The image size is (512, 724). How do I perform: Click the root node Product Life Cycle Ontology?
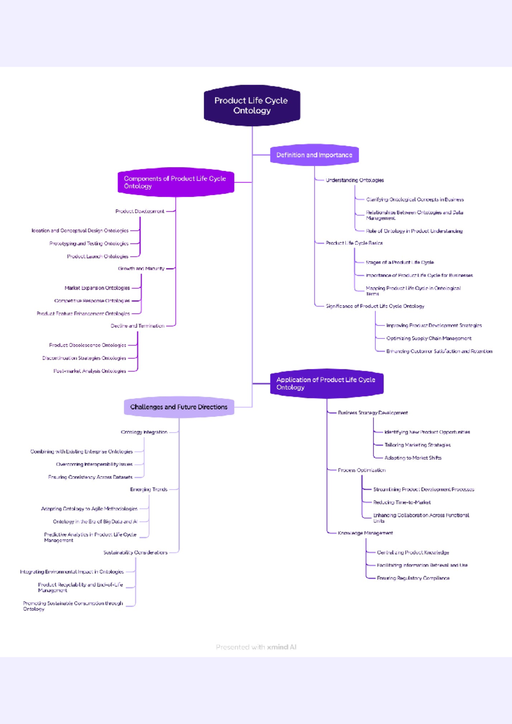coord(252,105)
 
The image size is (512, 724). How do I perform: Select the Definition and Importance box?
coord(314,155)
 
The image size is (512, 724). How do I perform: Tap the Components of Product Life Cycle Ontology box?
coord(175,182)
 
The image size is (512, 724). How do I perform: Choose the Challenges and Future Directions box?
coord(179,407)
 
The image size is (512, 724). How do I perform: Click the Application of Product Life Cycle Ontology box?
coord(326,383)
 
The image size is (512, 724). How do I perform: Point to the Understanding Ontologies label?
coord(355,180)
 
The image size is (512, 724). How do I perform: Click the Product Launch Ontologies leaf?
coord(98,257)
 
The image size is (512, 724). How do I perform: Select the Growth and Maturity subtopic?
coord(141,269)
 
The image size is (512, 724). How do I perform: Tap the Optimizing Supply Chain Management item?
coord(429,339)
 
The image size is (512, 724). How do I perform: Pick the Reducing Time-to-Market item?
coord(402,503)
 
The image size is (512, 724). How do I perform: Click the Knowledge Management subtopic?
coord(365,533)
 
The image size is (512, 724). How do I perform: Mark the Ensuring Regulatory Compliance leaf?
coord(413,579)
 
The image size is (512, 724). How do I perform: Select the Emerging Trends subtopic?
coord(148,489)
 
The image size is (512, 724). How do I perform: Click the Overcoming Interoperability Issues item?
coord(94,464)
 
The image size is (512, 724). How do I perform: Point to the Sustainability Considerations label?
coord(135,553)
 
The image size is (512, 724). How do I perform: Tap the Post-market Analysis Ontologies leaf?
coord(90,371)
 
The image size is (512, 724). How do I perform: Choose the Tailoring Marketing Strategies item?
coord(417,445)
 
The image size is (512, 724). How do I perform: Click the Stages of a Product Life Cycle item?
coord(400,263)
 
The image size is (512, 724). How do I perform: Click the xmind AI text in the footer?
coord(282,647)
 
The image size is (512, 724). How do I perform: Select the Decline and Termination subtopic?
coord(137,326)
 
